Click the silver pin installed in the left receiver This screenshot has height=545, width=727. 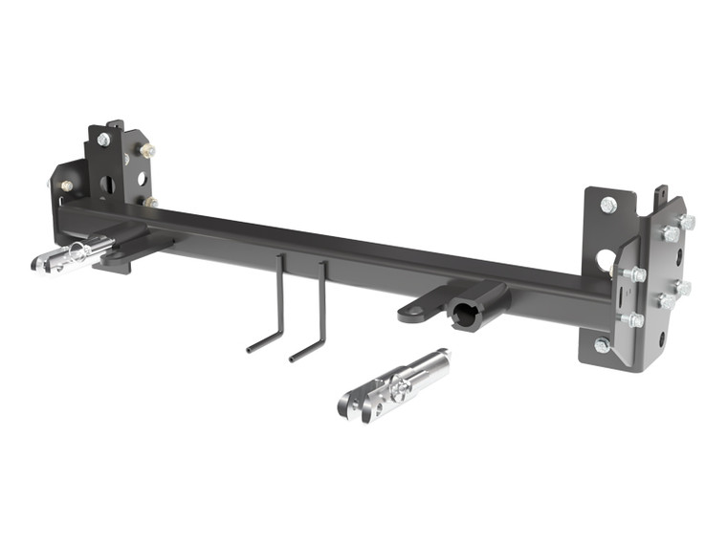point(75,254)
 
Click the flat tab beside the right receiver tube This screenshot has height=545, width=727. point(417,310)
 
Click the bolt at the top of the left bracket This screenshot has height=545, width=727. point(103,140)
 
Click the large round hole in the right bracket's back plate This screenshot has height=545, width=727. point(606,259)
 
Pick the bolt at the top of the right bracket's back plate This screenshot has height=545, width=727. point(608,205)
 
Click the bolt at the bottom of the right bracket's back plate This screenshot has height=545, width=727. point(603,344)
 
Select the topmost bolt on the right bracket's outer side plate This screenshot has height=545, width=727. point(686,222)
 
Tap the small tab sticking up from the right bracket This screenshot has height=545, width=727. point(659,196)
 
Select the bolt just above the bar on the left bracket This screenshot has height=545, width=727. point(150,202)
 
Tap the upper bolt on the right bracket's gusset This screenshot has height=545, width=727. point(634,274)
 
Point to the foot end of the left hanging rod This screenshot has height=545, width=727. point(254,347)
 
